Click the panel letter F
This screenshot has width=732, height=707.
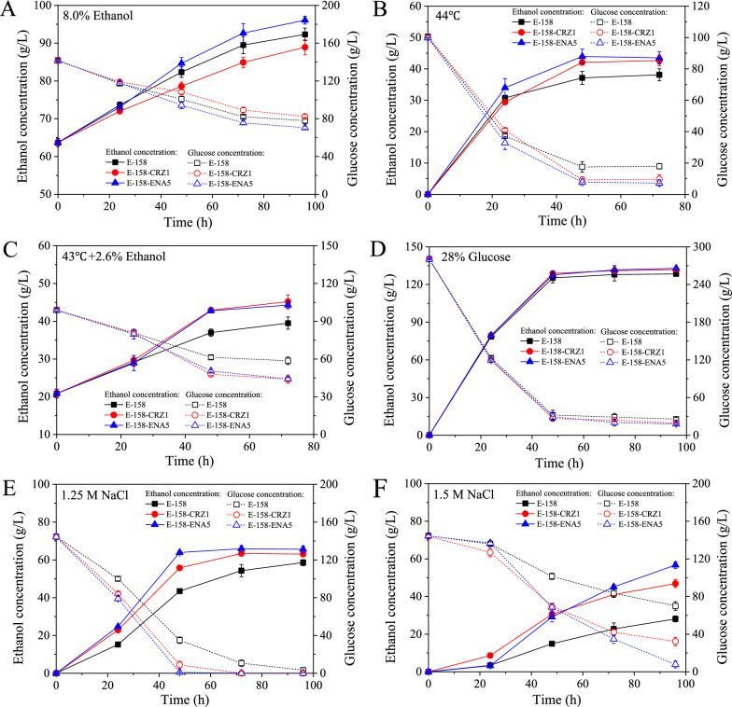point(379,482)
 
